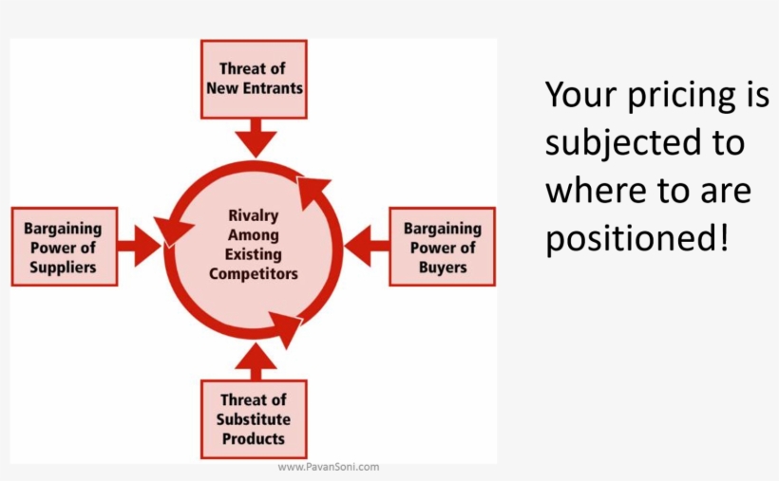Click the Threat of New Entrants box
(x=254, y=79)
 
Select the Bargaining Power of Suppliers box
(x=64, y=247)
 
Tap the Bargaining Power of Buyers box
(x=442, y=247)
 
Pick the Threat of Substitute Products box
(x=254, y=419)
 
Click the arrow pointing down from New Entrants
(x=255, y=137)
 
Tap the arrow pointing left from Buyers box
(x=367, y=247)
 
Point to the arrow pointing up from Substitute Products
(x=255, y=359)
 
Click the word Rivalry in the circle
(x=254, y=215)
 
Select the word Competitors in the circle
(x=254, y=274)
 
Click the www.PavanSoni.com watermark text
(x=329, y=467)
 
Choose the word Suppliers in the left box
(x=63, y=267)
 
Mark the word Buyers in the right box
(x=443, y=267)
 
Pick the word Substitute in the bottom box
(x=254, y=419)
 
